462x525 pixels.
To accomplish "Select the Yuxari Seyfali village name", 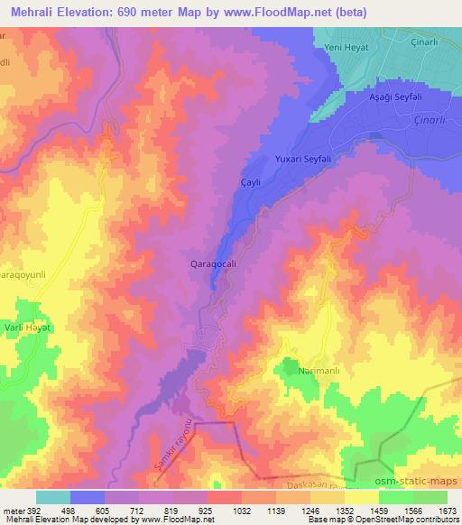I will (302, 159).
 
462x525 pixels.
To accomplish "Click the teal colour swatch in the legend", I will (53, 497).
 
